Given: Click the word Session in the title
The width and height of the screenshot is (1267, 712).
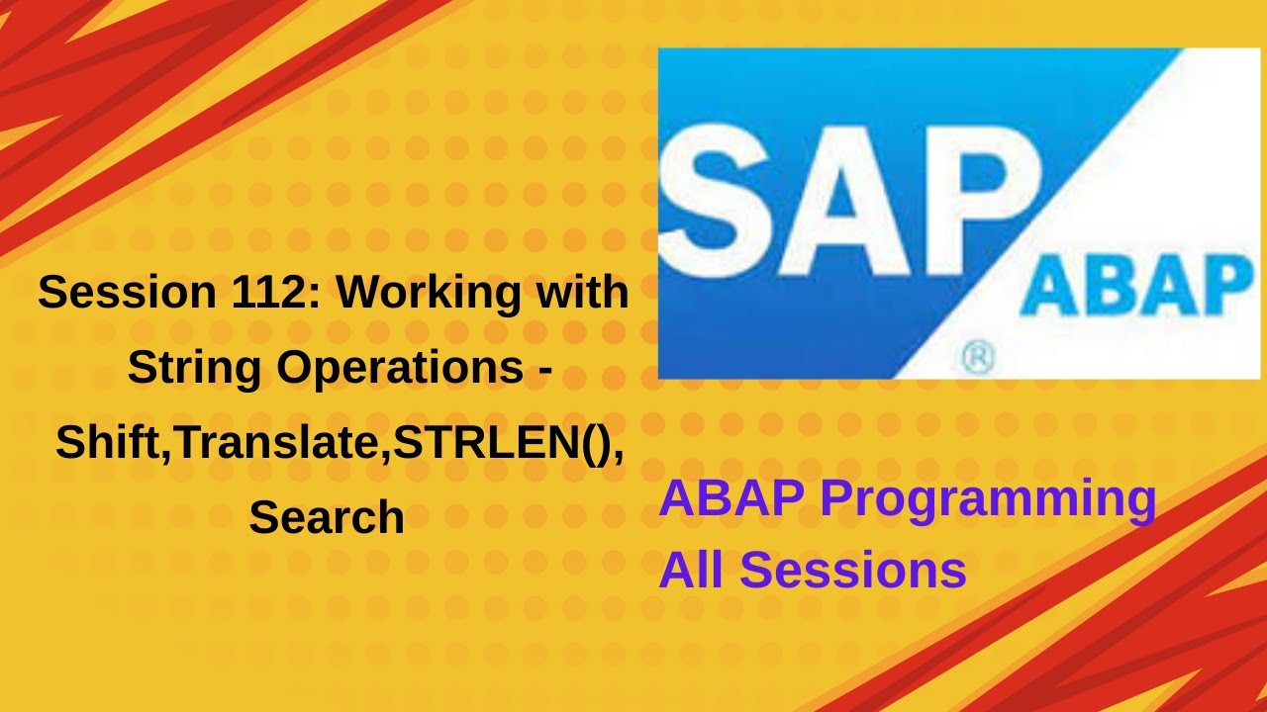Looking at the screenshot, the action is pyautogui.click(x=128, y=292).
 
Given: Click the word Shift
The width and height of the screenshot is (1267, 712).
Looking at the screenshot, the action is pyautogui.click(x=109, y=442).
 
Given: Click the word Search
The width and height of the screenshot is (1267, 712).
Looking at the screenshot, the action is pyautogui.click(x=327, y=517).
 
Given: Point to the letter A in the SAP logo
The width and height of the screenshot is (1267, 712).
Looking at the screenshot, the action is pyautogui.click(x=844, y=202).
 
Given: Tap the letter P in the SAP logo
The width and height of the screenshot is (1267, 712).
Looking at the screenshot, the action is pyautogui.click(x=981, y=202).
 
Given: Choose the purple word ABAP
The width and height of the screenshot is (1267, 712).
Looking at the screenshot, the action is pyautogui.click(x=731, y=497).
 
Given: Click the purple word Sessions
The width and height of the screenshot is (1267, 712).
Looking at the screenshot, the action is pyautogui.click(x=853, y=570).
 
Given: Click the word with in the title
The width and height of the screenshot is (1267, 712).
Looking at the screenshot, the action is pyautogui.click(x=583, y=292).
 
